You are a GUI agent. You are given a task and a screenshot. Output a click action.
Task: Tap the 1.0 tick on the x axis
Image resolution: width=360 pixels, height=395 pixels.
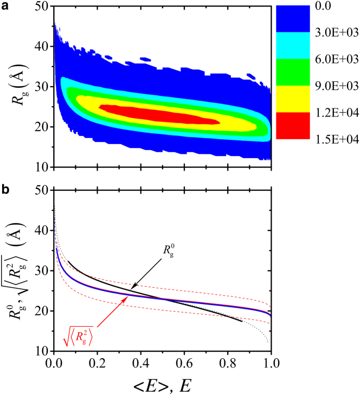[270, 361]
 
